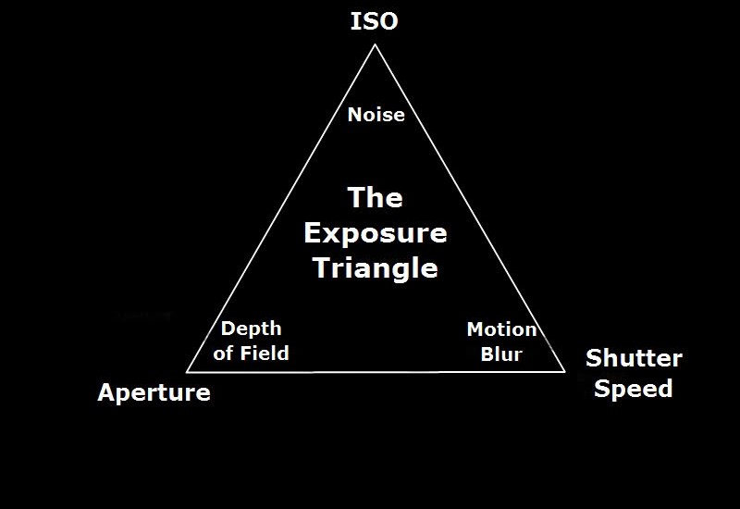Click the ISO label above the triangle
[375, 21]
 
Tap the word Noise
[376, 115]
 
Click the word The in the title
[376, 197]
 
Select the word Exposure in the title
[376, 233]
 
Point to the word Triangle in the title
[376, 268]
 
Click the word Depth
[251, 329]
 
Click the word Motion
[501, 329]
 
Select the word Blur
[501, 354]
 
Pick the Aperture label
[154, 392]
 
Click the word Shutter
[634, 358]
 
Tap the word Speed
[634, 389]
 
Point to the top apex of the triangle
[376, 44]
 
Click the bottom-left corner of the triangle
[187, 372]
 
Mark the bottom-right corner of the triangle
[565, 372]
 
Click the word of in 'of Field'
[224, 354]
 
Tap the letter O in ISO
[388, 21]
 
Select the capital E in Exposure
[313, 232]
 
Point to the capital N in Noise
[355, 115]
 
